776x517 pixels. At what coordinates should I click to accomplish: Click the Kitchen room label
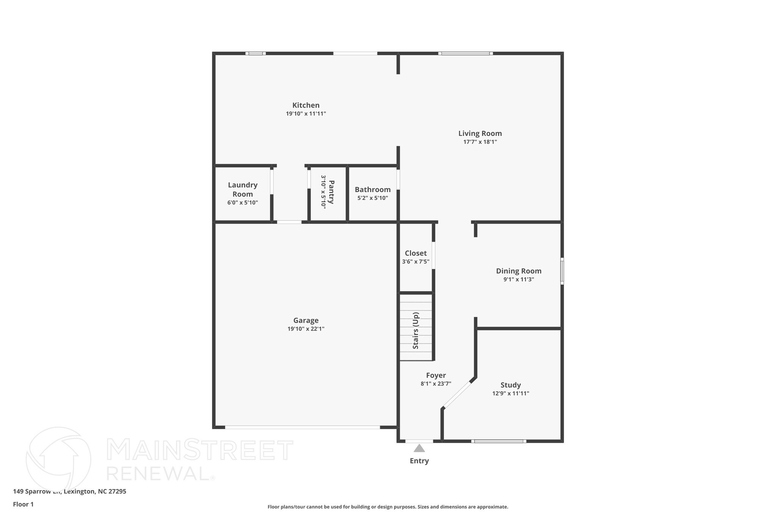pyautogui.click(x=306, y=105)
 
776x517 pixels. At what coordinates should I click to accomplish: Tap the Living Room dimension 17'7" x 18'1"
pyautogui.click(x=480, y=142)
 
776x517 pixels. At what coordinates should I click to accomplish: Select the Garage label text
pyautogui.click(x=306, y=320)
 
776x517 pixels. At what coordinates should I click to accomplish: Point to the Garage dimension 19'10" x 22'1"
pyautogui.click(x=306, y=329)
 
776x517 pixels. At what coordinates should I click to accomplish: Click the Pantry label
pyautogui.click(x=331, y=192)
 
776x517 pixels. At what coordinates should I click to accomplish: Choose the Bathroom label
pyautogui.click(x=372, y=189)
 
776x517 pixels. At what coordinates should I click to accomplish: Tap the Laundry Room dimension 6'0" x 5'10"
pyautogui.click(x=242, y=203)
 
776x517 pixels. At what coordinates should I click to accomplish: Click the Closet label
pyautogui.click(x=416, y=253)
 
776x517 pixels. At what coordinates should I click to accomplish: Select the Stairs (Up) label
pyautogui.click(x=416, y=331)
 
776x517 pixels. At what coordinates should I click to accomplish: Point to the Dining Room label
pyautogui.click(x=519, y=271)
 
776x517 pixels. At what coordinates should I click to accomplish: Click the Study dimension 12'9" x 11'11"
pyautogui.click(x=511, y=394)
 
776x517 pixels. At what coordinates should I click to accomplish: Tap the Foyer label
pyautogui.click(x=436, y=375)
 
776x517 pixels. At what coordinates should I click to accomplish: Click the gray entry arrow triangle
pyautogui.click(x=419, y=448)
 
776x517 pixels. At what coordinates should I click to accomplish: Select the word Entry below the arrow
pyautogui.click(x=419, y=461)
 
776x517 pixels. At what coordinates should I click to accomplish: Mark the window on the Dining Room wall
pyautogui.click(x=562, y=271)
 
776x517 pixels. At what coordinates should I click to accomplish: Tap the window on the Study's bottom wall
pyautogui.click(x=499, y=441)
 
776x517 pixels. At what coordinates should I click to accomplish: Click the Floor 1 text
pyautogui.click(x=23, y=505)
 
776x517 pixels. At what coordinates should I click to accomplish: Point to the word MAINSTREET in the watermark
pyautogui.click(x=200, y=450)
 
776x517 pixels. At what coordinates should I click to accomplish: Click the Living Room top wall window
pyautogui.click(x=466, y=53)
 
